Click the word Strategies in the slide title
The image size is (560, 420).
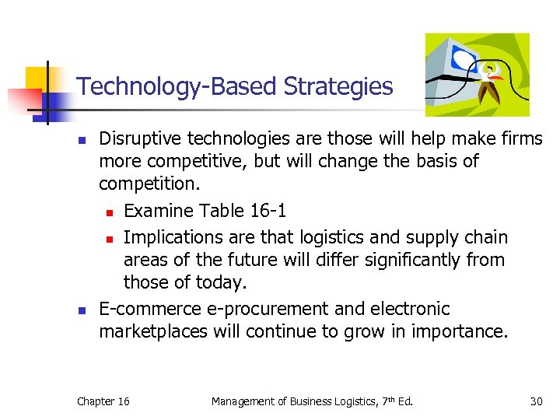(338, 86)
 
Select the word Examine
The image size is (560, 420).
(159, 211)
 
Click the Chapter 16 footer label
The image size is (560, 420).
(103, 401)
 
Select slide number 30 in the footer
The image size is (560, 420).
(536, 401)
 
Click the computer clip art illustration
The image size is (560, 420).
(476, 74)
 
